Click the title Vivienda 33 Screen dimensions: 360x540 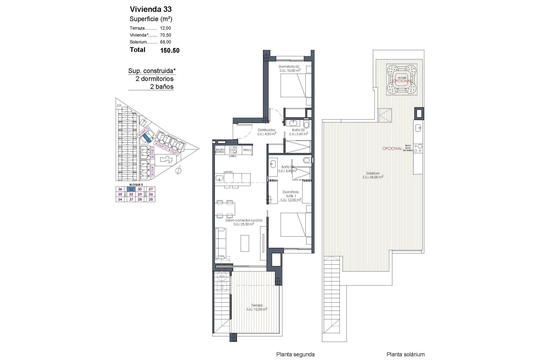point(150,9)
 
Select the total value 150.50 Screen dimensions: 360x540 point(170,51)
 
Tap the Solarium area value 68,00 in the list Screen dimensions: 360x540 point(165,42)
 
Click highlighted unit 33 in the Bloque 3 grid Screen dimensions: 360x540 point(131,189)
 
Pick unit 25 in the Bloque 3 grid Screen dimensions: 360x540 point(151,199)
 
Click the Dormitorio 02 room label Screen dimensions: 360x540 point(289,68)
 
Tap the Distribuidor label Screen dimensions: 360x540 point(266,132)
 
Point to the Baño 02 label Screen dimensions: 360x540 point(298,132)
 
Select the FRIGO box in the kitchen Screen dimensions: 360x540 point(247,150)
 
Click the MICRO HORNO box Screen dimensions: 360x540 point(220,151)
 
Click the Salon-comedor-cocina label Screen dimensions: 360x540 point(244,222)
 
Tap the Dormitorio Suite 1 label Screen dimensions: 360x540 point(291,196)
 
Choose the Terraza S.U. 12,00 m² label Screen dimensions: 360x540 point(257,307)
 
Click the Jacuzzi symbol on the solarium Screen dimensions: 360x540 point(402,80)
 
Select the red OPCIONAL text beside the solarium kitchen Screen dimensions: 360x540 point(392,148)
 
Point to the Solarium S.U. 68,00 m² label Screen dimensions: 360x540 point(373,175)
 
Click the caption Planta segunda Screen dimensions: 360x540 point(295,354)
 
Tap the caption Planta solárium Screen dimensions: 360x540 point(406,354)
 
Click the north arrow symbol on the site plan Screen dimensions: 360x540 point(178,170)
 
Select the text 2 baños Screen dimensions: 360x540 point(162,87)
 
